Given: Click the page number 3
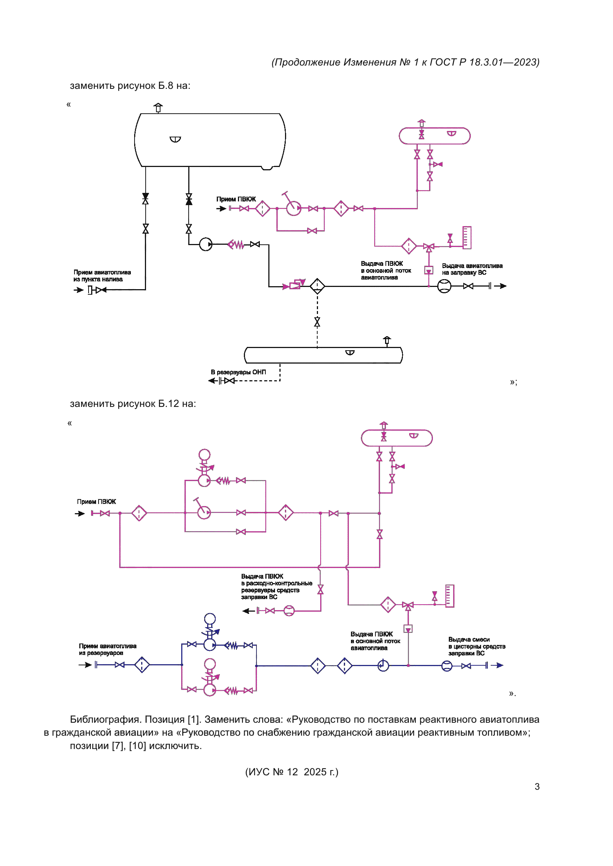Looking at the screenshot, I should pos(537,786).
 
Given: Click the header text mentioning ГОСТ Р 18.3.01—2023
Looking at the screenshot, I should pos(405,62).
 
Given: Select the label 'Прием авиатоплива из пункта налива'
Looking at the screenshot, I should pos(102,276).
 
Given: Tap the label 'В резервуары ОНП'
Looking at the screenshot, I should pos(238,372).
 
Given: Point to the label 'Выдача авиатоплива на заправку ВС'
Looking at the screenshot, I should pos(472,269).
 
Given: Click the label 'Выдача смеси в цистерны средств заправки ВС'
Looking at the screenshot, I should pos(476,646).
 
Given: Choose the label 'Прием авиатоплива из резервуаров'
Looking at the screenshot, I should pos(107,649).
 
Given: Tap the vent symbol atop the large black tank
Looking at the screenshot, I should pos(158,108).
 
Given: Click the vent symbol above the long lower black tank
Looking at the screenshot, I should pos(387,341).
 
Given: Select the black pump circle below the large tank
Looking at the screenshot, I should pos(206,244).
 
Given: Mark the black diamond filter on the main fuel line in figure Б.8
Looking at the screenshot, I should pos(318,286).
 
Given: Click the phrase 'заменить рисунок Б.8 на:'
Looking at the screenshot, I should pos(130,86).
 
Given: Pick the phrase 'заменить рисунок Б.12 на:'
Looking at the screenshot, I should pos(133,404).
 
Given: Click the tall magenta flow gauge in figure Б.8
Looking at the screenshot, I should pos(467,238).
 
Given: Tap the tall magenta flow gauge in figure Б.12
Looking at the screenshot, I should pos(450,596).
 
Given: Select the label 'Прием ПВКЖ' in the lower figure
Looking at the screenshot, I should pos(96,502).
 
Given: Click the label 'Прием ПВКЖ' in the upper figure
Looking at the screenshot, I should pos(236,199).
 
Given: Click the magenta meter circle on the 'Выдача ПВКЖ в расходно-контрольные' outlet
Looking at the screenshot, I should pos(289,611).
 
